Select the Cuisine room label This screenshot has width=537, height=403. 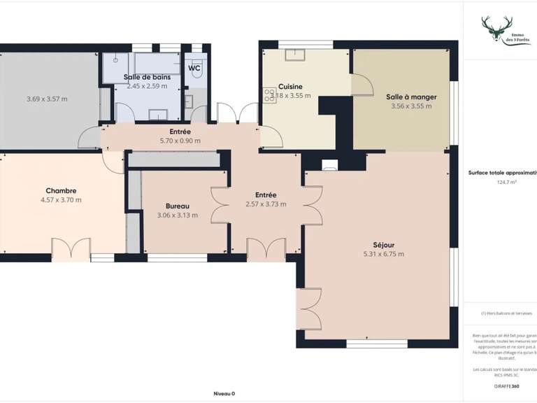pos(289,87)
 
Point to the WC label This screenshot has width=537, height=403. pos(194,68)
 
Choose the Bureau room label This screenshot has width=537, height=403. pos(177,206)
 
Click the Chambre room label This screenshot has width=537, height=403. pos(61,190)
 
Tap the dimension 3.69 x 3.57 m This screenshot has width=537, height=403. pos(47,99)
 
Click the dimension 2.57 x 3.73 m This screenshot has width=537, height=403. pos(266,204)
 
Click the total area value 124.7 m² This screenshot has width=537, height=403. pos(506,182)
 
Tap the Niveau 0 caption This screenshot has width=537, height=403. pos(224,393)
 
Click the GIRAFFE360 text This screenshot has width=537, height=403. pos(506,386)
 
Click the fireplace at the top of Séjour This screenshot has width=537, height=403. pos(330,165)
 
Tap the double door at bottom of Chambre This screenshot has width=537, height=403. pos(71,248)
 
